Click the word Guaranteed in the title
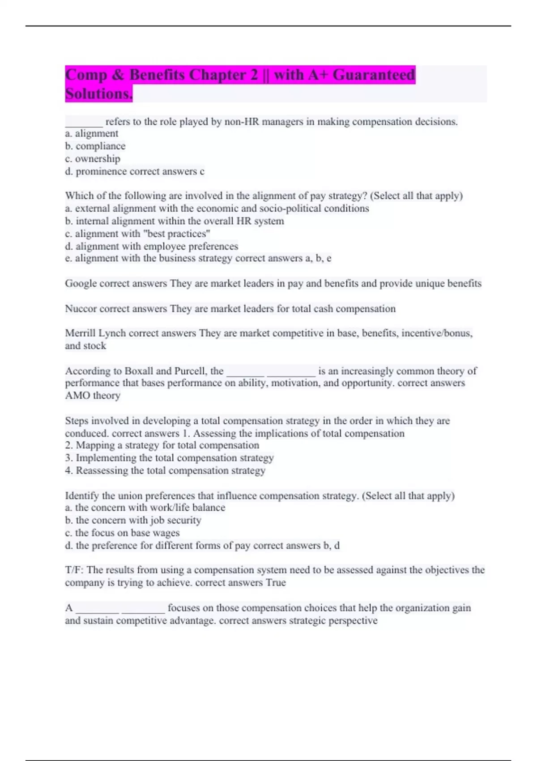(374, 75)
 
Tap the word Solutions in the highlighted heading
(98, 94)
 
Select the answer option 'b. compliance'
(95, 146)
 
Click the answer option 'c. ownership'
(93, 158)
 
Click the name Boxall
(139, 371)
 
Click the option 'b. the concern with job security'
(133, 520)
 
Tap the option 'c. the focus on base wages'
(122, 533)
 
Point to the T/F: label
(74, 570)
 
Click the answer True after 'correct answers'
(276, 583)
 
